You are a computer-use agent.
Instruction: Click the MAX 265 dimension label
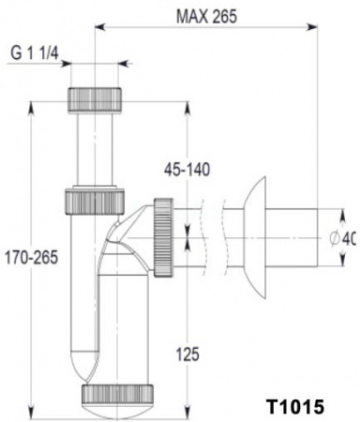[206, 16]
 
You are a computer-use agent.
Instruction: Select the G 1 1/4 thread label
[35, 53]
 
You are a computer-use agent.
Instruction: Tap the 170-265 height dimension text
[31, 258]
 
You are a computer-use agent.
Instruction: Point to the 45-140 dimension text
[187, 170]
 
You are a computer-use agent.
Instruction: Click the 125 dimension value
[187, 354]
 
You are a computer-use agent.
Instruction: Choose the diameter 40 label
[342, 239]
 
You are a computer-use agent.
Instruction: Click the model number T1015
[295, 407]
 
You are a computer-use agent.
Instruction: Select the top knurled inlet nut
[95, 100]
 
